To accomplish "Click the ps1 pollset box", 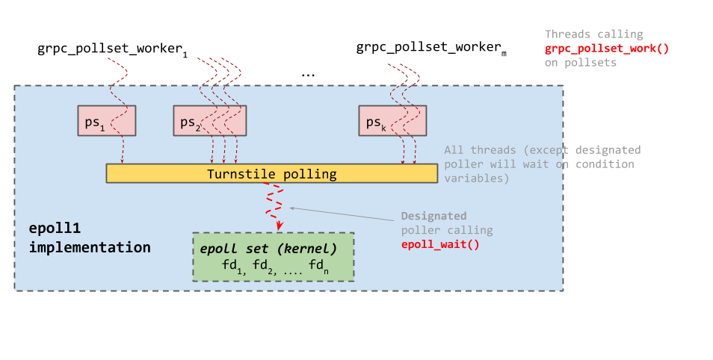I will pos(107,121).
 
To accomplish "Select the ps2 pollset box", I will pos(210,121).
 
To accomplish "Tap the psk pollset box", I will pos(389,121).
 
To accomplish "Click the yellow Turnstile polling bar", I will pos(271,174).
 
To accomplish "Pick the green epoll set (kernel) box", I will pos(273,257).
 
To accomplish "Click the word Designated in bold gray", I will pos(433,216).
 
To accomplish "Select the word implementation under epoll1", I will pos(90,246).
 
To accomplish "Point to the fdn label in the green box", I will pos(317,266).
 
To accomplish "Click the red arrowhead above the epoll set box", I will pos(280,226).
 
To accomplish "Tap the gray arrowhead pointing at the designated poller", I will pos(292,208).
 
